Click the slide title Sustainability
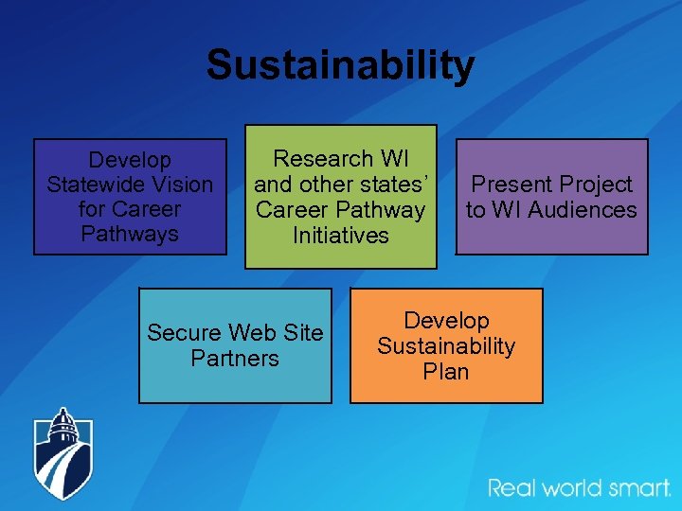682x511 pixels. click(340, 65)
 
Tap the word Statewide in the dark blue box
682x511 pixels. click(92, 185)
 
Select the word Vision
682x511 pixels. click(180, 185)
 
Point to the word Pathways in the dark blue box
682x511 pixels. click(130, 233)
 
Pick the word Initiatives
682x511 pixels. click(340, 236)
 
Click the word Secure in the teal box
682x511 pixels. click(185, 333)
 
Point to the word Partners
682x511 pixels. click(235, 359)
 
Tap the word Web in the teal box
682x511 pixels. click(248, 333)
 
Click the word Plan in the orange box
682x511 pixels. click(445, 372)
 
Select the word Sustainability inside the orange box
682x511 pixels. click(445, 346)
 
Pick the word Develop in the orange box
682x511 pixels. click(445, 321)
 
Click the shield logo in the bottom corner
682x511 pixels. click(64, 454)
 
